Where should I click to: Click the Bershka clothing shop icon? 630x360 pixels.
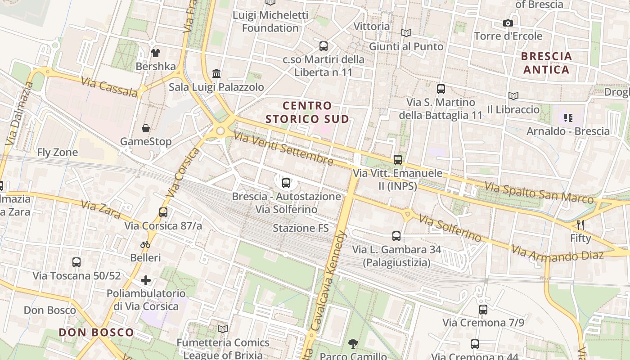(156, 53)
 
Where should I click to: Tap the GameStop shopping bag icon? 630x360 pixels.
(146, 129)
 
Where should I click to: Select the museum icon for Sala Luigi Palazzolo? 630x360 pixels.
(216, 73)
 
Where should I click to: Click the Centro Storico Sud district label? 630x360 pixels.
(307, 112)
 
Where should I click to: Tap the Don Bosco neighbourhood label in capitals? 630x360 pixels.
(97, 333)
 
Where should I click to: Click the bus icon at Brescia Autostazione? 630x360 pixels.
(286, 183)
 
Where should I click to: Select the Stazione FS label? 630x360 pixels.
(301, 228)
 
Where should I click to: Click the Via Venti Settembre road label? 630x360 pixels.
(283, 148)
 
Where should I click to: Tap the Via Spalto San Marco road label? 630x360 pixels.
(539, 193)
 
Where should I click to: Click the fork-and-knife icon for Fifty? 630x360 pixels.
(580, 225)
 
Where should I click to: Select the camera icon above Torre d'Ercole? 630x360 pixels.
(508, 23)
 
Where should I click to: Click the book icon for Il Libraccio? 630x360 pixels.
(513, 96)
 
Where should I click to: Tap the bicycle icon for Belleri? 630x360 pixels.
(145, 244)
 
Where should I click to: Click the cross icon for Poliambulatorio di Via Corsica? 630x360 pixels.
(146, 280)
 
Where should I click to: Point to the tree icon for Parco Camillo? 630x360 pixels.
(353, 344)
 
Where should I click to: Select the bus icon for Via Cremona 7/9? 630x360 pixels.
(483, 309)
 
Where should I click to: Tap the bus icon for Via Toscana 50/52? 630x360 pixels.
(76, 262)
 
